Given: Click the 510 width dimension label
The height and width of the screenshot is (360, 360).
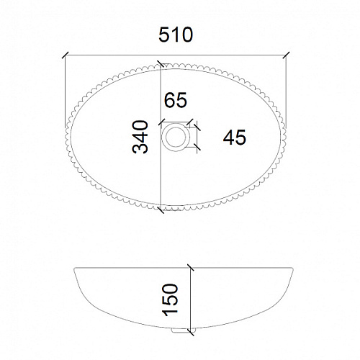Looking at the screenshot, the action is (176, 35).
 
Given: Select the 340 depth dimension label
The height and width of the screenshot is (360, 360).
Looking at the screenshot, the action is (140, 137).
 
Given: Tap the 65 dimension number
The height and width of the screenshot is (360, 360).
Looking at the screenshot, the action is (176, 100).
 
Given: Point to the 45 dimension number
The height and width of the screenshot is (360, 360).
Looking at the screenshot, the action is (235, 138).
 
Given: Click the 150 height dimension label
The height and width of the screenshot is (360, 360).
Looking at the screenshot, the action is (170, 300).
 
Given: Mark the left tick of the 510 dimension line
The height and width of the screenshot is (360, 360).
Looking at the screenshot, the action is (66, 55).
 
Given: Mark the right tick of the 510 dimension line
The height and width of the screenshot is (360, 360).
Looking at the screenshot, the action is (286, 55).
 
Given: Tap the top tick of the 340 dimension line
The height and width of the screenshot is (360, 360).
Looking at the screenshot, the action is (160, 63).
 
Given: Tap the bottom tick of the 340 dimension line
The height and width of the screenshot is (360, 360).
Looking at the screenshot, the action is (160, 210).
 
